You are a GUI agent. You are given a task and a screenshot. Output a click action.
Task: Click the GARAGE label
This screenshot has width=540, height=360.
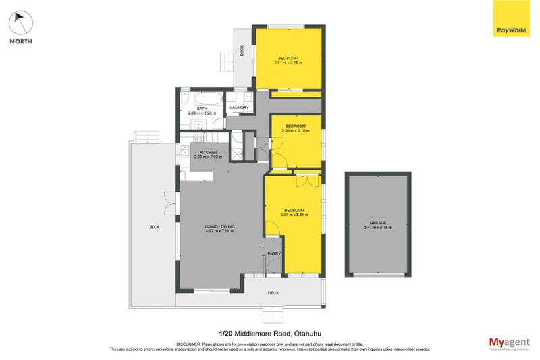(x=377, y=222)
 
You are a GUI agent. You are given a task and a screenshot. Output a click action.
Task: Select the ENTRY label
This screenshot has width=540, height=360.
(x=273, y=253)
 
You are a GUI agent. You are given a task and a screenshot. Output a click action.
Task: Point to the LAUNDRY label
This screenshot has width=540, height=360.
(x=239, y=107)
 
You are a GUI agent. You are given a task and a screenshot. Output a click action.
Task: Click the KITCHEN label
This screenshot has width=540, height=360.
(x=208, y=153)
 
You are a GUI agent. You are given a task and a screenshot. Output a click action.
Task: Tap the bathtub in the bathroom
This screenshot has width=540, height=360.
(x=201, y=98)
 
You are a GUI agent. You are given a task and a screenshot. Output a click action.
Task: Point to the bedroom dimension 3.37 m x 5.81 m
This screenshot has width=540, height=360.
(x=294, y=215)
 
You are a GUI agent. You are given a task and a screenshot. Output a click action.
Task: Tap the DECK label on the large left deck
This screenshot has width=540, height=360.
(x=153, y=227)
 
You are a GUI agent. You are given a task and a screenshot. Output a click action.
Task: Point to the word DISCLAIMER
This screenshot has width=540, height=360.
(x=190, y=342)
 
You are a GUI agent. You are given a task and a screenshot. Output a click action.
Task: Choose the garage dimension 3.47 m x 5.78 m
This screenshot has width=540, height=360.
(x=377, y=228)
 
